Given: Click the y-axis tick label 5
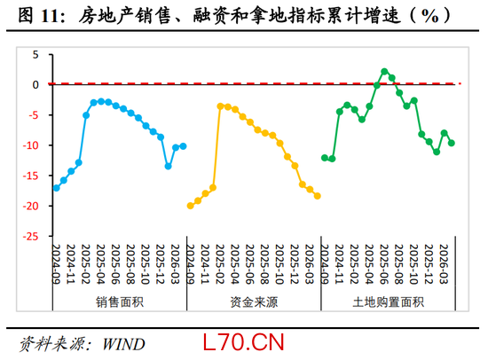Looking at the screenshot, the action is point(35,55).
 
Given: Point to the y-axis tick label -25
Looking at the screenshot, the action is point(30,237).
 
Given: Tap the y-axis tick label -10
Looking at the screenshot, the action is point(30,145).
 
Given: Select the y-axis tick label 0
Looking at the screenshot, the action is point(35,84).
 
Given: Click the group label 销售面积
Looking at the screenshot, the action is point(120,302).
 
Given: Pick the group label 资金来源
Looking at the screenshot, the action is point(254,302).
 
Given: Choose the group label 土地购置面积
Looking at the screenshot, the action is point(388,302).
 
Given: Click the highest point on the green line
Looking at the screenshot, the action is point(384,72).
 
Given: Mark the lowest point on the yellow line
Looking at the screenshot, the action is point(191,206).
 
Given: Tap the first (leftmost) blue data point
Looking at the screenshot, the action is point(56,188).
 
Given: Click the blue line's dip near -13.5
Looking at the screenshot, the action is point(168,166).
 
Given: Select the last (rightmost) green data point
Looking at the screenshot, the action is point(452,143).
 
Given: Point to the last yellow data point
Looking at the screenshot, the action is point(317,196).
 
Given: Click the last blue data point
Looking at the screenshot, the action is point(183,146).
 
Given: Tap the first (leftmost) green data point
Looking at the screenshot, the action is point(325,158).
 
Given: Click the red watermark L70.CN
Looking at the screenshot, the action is point(243,342).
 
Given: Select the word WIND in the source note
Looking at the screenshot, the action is point(123,344).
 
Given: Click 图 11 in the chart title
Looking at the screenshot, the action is point(38,16).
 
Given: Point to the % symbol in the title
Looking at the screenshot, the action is point(429,16).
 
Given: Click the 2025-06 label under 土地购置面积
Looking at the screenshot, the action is point(384,264).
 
